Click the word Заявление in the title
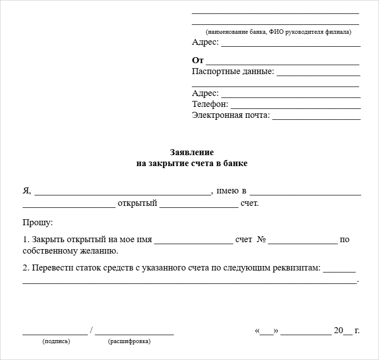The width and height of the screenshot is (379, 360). tap(191, 152)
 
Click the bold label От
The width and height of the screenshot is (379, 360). tap(198, 60)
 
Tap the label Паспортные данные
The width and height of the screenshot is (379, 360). tap(233, 72)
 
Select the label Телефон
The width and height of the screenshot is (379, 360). tap(210, 104)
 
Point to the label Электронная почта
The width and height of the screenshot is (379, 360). tap(231, 115)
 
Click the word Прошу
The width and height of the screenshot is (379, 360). tap(37, 222)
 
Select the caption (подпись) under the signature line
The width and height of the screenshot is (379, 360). tap(56, 341)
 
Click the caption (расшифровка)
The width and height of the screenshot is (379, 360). tap(129, 341)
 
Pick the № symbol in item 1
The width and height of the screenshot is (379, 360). tap(261, 240)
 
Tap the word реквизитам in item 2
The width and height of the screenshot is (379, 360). tap(294, 268)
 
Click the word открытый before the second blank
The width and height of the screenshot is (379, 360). tap(137, 203)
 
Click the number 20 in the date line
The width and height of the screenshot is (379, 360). tap(339, 331)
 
